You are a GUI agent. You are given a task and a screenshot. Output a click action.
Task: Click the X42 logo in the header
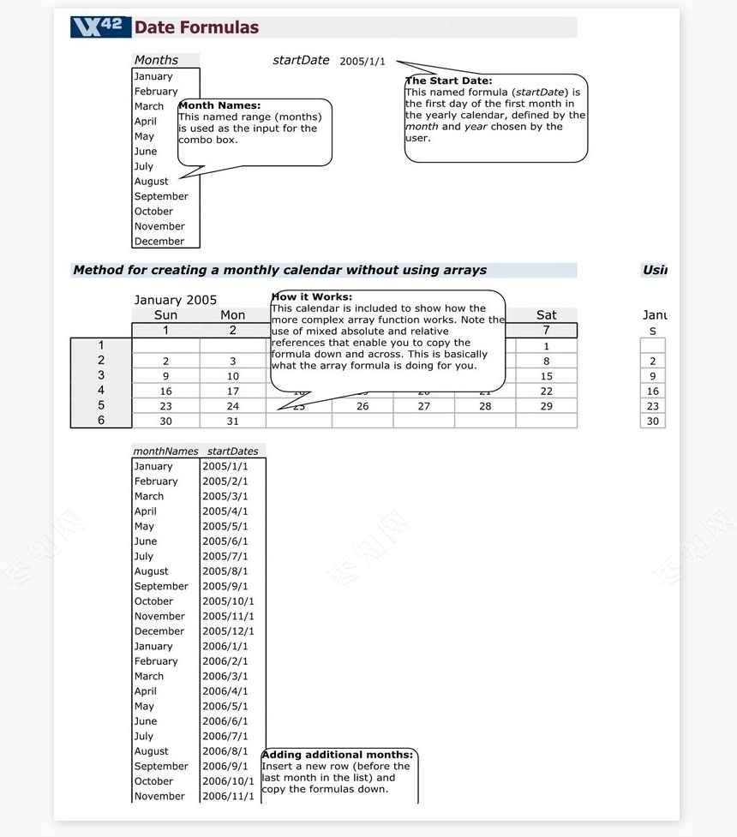[x=100, y=27]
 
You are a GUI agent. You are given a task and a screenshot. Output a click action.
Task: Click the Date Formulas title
[x=196, y=27]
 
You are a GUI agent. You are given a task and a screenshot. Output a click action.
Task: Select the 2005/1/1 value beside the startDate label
[x=363, y=62]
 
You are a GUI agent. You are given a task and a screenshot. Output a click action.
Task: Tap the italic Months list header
[x=156, y=60]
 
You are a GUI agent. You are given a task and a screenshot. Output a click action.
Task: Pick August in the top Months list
[x=152, y=182]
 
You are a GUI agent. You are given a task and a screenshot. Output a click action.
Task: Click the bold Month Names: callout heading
[x=219, y=105]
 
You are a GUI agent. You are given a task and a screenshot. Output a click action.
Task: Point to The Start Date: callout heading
[x=448, y=81]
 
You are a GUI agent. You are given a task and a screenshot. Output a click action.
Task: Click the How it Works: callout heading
[x=311, y=297]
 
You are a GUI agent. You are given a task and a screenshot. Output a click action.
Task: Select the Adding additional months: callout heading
[x=337, y=755]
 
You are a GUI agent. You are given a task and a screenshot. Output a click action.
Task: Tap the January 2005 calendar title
[x=176, y=300]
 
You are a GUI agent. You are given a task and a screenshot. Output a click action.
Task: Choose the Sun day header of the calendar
[x=165, y=315]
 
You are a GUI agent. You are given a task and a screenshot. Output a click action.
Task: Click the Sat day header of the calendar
[x=546, y=315]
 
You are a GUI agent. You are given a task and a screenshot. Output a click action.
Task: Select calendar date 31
[x=233, y=421]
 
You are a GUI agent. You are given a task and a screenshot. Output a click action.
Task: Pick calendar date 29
[x=546, y=406]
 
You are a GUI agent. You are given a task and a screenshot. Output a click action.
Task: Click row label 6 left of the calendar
[x=101, y=421]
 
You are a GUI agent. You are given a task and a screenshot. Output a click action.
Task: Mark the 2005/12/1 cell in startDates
[x=228, y=631]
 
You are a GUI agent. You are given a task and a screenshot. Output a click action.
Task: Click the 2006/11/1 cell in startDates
[x=228, y=797]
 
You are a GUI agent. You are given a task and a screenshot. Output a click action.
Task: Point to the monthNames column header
[x=165, y=451]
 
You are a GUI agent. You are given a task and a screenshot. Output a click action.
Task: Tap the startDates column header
[x=232, y=451]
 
